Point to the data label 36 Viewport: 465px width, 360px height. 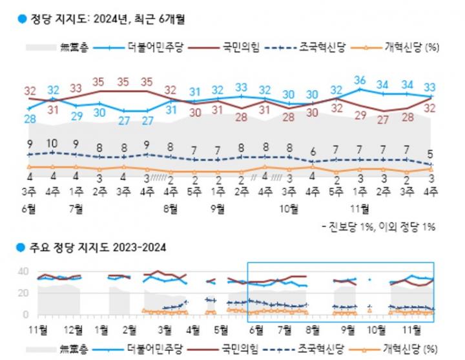click(360, 81)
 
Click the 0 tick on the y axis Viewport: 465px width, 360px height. click(25, 314)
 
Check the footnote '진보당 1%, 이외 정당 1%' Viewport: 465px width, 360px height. click(381, 226)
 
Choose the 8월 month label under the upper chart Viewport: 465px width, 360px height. click(170, 208)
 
